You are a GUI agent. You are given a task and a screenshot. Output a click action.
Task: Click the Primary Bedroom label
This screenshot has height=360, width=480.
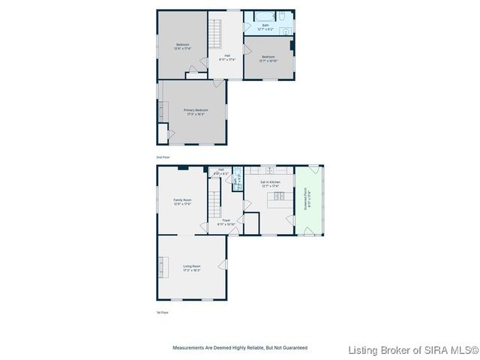196,112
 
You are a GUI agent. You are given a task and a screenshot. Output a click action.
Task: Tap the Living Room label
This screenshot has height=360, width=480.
192,268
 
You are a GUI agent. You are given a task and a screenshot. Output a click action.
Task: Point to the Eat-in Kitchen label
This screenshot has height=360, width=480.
270,183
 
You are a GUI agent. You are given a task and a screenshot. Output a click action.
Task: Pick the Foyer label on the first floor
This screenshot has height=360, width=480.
226,222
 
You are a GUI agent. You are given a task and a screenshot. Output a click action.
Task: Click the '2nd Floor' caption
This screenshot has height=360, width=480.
163,157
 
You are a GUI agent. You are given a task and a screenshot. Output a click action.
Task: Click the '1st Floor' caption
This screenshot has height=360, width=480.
162,313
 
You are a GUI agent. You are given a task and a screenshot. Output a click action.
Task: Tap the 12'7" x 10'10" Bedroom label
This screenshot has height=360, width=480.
268,58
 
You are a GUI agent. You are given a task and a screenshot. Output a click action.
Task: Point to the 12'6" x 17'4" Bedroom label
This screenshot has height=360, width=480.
182,46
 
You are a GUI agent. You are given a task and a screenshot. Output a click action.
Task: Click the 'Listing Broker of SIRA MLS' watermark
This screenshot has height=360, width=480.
412,350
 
